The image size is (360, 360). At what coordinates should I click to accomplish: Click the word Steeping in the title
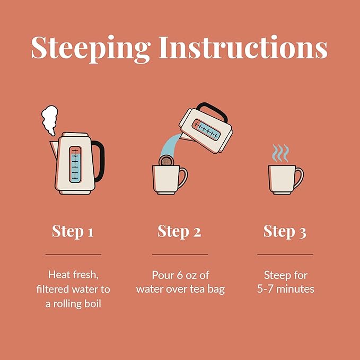pyautogui.click(x=90, y=49)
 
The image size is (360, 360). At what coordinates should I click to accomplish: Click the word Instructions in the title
pyautogui.click(x=243, y=47)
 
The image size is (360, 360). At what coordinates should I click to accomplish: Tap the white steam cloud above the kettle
pyautogui.click(x=50, y=120)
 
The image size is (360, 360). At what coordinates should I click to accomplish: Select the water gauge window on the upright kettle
pyautogui.click(x=75, y=164)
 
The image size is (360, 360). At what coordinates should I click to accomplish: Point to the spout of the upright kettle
pyautogui.click(x=54, y=149)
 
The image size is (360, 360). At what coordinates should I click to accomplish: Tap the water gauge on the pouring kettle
pyautogui.click(x=206, y=129)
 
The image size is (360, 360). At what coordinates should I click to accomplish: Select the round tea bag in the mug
pyautogui.click(x=166, y=161)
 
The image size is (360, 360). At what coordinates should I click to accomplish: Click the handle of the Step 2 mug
pyautogui.click(x=183, y=178)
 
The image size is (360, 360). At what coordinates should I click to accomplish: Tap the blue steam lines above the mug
pyautogui.click(x=280, y=153)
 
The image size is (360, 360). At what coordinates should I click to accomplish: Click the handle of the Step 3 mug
pyautogui.click(x=299, y=178)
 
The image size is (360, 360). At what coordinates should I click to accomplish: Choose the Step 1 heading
pyautogui.click(x=73, y=231)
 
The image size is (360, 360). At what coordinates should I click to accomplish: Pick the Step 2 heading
pyautogui.click(x=179, y=231)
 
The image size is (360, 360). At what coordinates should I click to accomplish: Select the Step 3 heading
pyautogui.click(x=285, y=231)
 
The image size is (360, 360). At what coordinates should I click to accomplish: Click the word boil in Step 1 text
pyautogui.click(x=93, y=304)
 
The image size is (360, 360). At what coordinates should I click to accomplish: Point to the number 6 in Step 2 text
pyautogui.click(x=180, y=275)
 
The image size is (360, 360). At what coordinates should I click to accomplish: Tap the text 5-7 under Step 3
pyautogui.click(x=265, y=289)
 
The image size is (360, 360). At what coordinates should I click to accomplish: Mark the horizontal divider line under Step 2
pyautogui.click(x=180, y=254)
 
